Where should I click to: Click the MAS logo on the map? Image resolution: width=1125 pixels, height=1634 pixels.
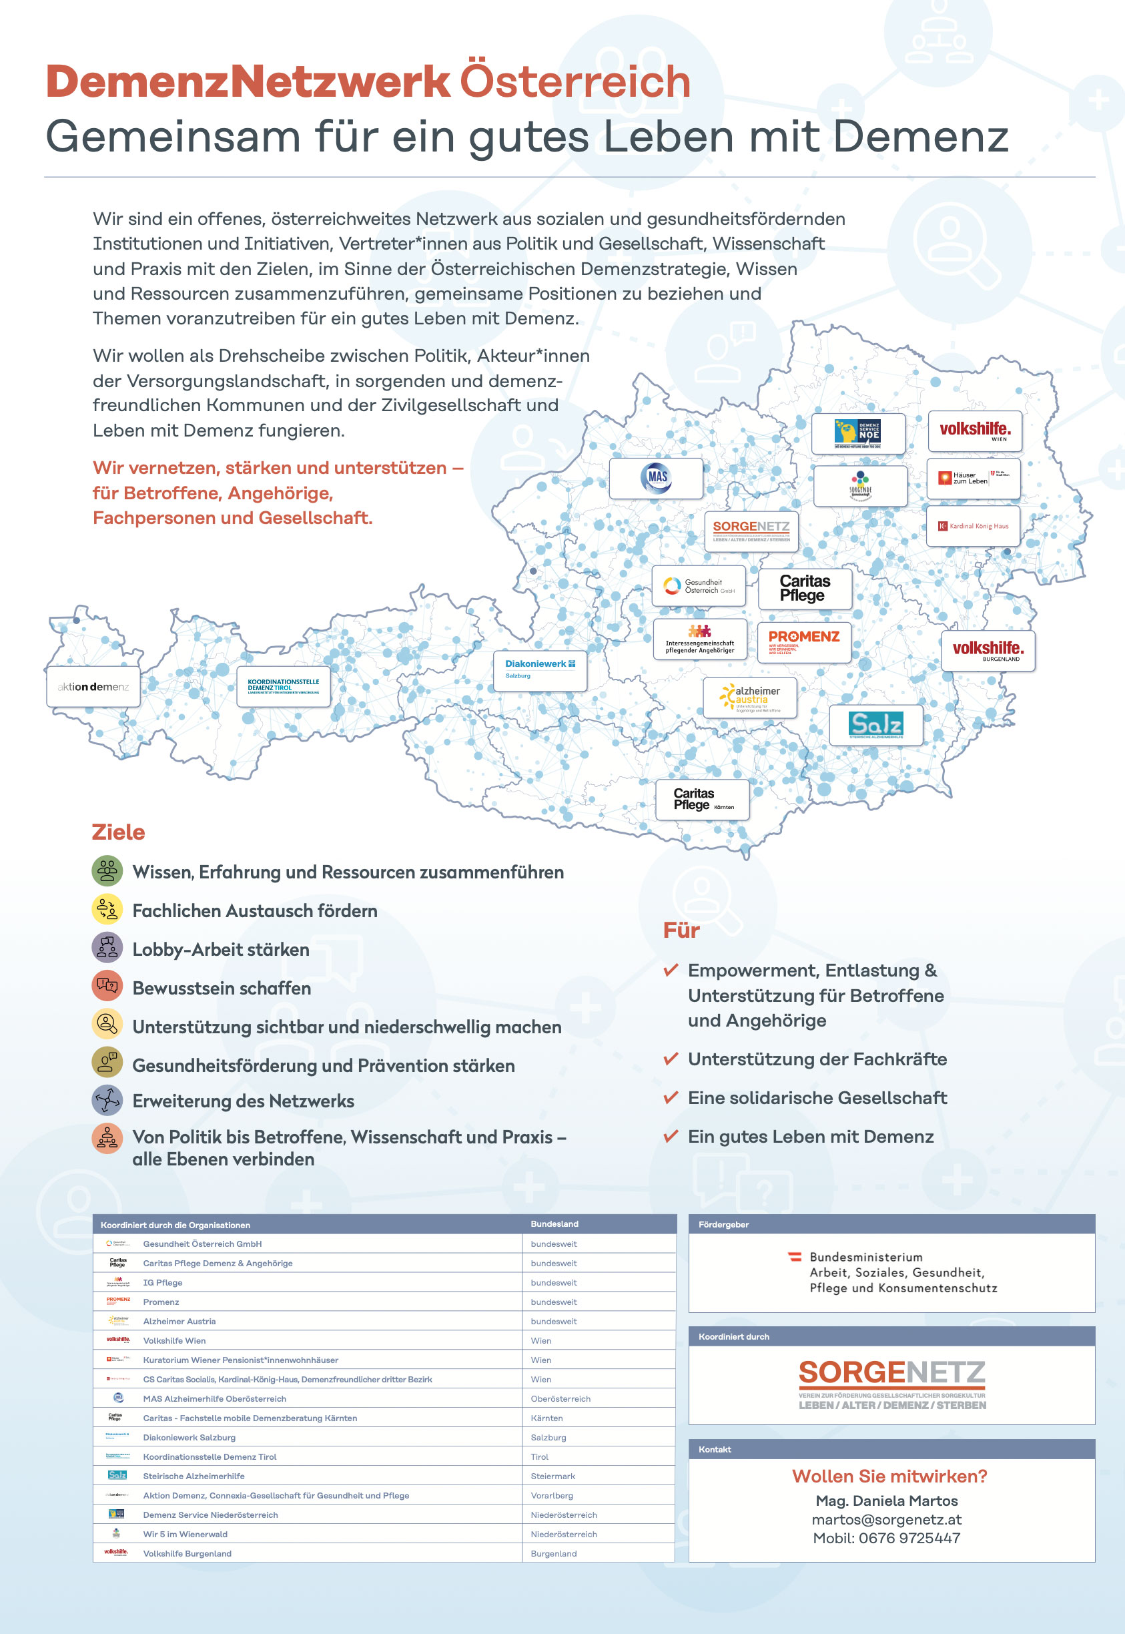pos(657,478)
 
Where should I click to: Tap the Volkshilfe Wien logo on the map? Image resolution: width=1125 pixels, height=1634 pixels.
pos(974,431)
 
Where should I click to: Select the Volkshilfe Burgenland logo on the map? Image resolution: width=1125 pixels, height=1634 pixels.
pos(988,650)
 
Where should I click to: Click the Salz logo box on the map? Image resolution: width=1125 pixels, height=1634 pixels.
pos(875,725)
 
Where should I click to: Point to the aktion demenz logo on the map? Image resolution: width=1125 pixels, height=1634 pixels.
pos(93,687)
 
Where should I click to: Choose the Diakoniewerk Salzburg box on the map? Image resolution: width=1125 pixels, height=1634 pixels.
pos(540,669)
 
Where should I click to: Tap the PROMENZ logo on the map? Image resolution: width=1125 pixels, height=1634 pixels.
pos(803,641)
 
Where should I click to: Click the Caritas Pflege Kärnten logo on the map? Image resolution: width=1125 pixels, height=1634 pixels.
pos(702,800)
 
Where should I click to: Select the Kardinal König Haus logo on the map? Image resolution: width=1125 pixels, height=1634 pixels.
pos(973,526)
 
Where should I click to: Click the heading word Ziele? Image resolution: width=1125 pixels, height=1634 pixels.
pos(118,832)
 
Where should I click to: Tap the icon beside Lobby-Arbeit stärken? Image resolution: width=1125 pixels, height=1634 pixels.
pos(107,948)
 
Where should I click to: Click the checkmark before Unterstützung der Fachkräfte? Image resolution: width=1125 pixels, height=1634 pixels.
pos(671,1058)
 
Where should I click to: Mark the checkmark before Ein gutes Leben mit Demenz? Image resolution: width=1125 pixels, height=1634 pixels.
pos(671,1135)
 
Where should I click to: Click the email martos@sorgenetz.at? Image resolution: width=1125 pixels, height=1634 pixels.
pos(886,1519)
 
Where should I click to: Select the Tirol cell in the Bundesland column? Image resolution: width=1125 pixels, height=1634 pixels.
pos(539,1456)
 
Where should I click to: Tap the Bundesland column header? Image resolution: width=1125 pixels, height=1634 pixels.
pos(554,1223)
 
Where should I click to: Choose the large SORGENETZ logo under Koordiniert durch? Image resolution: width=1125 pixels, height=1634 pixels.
pos(891,1383)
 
